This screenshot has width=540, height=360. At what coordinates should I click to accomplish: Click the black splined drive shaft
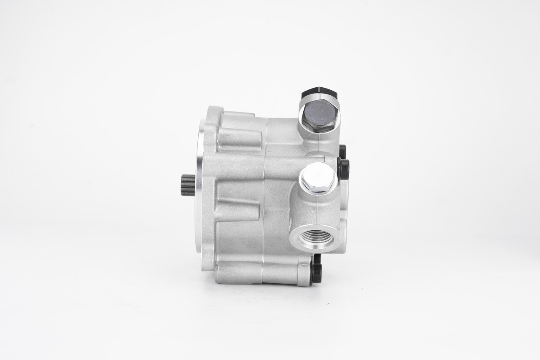188,185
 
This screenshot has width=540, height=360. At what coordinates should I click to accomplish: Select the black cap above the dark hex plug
319,92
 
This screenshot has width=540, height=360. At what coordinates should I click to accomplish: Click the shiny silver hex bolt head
318,177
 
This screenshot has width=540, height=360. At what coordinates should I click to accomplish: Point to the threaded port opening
316,238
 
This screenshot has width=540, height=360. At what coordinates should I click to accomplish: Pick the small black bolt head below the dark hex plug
343,151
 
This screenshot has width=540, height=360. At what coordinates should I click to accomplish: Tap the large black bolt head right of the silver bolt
343,169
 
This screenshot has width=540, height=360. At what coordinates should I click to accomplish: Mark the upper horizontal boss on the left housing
239,138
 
